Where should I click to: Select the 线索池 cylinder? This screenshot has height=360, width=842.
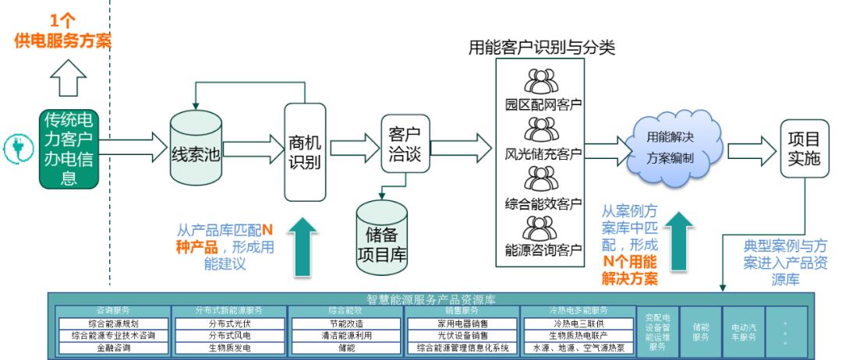tap(196, 148)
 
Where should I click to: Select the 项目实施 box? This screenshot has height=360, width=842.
tap(805, 148)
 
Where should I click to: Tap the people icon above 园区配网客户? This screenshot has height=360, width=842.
tap(540, 82)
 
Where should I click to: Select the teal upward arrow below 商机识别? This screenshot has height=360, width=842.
tap(305, 245)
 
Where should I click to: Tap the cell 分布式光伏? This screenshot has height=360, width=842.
tap(229, 323)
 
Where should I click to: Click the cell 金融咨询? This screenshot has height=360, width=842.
tap(113, 348)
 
